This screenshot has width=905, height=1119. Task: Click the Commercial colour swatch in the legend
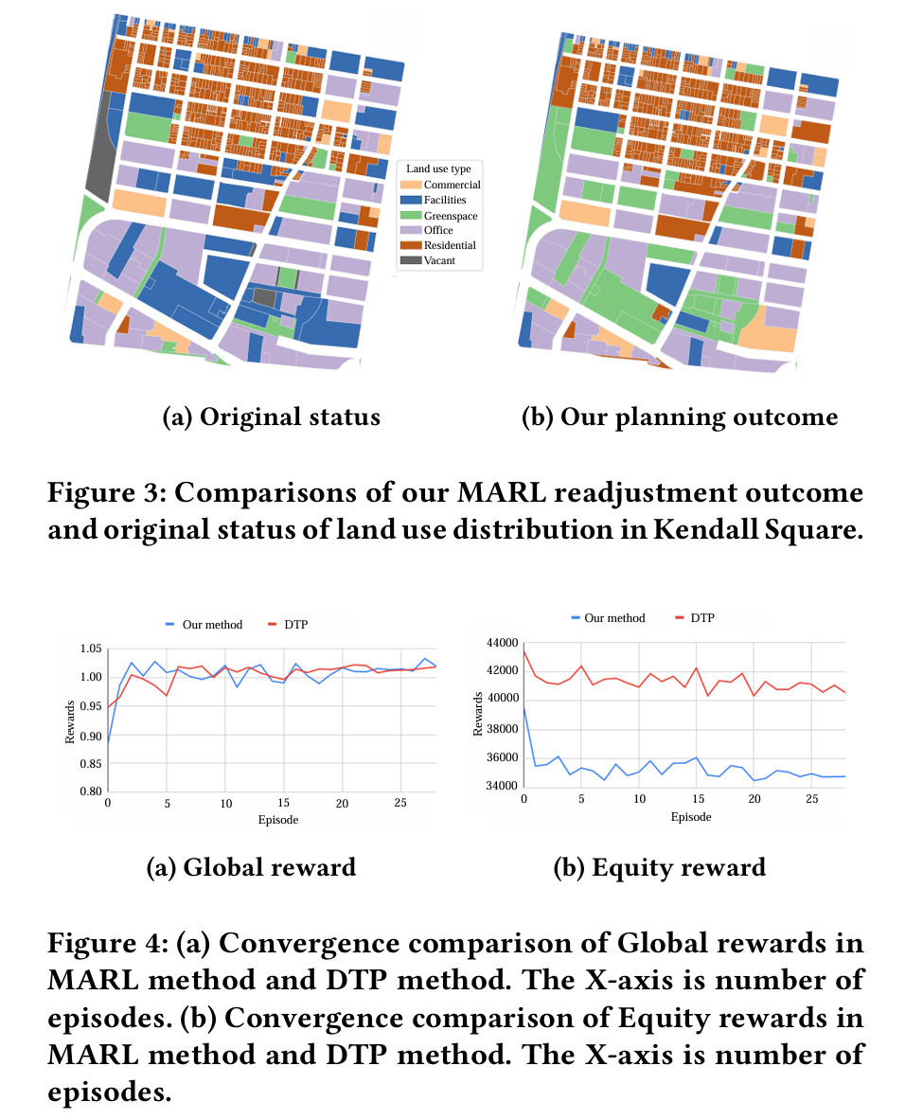click(x=410, y=186)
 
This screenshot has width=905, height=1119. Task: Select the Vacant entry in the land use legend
click(x=438, y=260)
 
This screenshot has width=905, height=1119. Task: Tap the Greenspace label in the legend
click(x=451, y=216)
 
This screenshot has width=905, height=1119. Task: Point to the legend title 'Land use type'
click(x=436, y=169)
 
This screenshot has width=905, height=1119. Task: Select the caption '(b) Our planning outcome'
click(x=680, y=417)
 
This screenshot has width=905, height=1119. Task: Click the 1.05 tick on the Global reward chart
click(x=91, y=648)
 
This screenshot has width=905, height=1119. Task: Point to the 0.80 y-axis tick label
click(x=91, y=791)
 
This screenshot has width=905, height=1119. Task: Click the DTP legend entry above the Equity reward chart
click(x=701, y=618)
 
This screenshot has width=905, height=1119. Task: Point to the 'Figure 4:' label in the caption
click(x=99, y=944)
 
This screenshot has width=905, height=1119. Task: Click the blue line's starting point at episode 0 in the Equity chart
click(x=523, y=706)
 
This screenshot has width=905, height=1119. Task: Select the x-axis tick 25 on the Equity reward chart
click(x=811, y=800)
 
